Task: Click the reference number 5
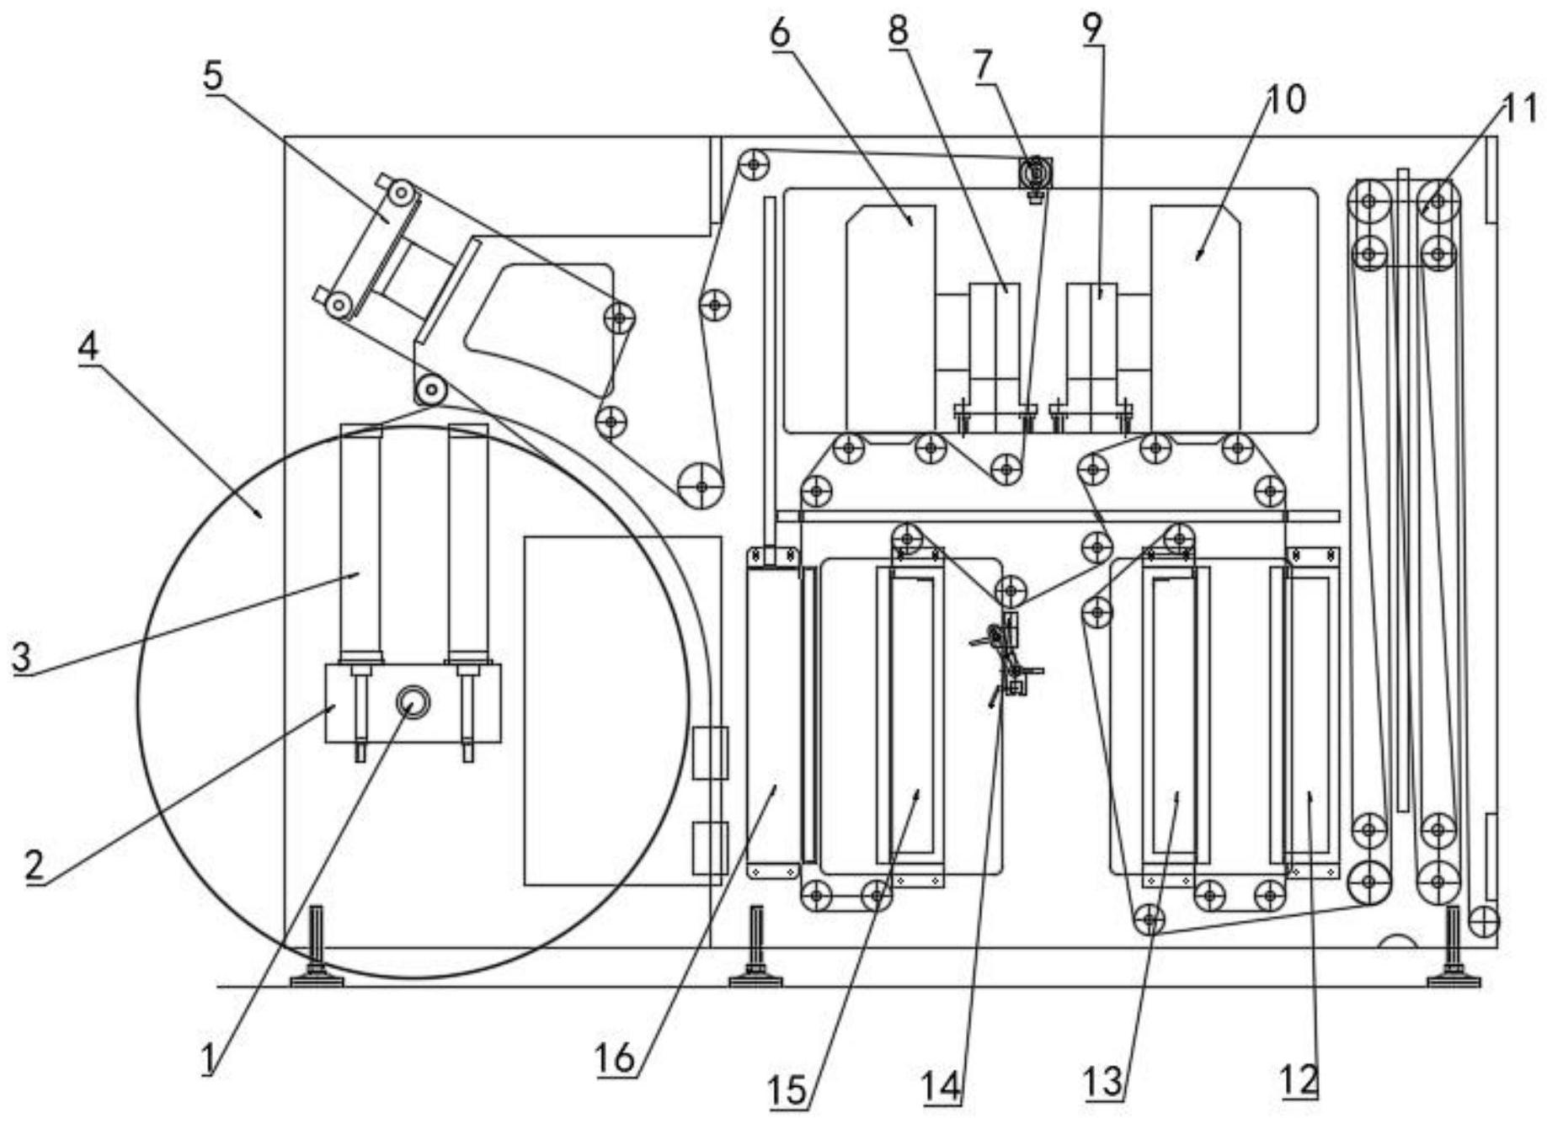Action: click(x=213, y=75)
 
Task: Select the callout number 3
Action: click(x=22, y=656)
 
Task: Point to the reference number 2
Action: click(x=34, y=865)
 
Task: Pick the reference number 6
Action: click(x=780, y=33)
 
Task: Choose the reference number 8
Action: click(x=899, y=31)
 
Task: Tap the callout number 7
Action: click(x=984, y=66)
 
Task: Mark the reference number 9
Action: click(x=1091, y=29)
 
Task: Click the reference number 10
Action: click(x=1286, y=99)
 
